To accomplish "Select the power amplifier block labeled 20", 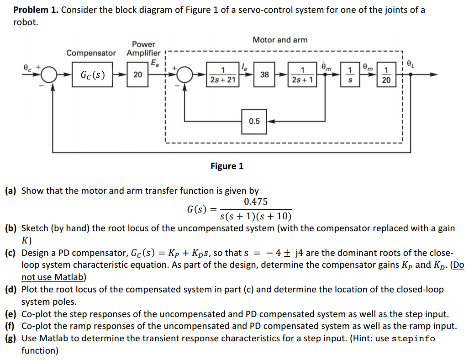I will pyautogui.click(x=137, y=74).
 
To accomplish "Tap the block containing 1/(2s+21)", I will pyautogui.click(x=222, y=74).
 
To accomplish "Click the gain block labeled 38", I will pyautogui.click(x=264, y=74).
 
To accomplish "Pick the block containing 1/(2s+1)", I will pyautogui.click(x=302, y=74).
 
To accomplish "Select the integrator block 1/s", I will pyautogui.click(x=350, y=74).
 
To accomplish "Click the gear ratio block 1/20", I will pyautogui.click(x=386, y=74).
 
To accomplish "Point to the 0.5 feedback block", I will pyautogui.click(x=254, y=122).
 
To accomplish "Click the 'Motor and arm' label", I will pyautogui.click(x=280, y=40).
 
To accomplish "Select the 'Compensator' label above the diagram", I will pyautogui.click(x=91, y=53).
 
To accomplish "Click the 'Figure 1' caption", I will pyautogui.click(x=227, y=166).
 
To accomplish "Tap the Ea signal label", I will pyautogui.click(x=155, y=63).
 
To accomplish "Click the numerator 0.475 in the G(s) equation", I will pyautogui.click(x=256, y=202).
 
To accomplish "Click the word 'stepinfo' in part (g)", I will pyautogui.click(x=413, y=339).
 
